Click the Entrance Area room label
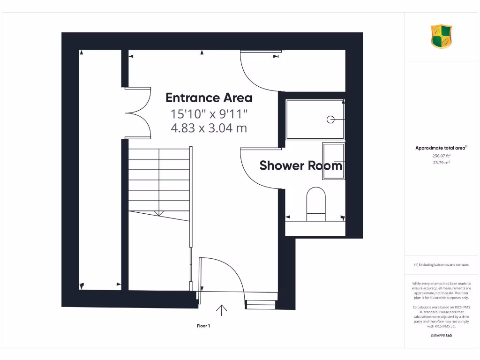tap(209, 97)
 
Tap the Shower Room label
tap(300, 165)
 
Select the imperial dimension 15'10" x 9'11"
tap(209, 113)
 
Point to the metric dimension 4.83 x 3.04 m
tap(209, 127)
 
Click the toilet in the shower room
tap(316, 204)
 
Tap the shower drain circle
tap(330, 120)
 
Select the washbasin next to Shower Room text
tap(334, 161)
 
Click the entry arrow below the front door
tap(221, 309)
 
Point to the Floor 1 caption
tap(203, 326)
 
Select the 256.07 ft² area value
tap(441, 155)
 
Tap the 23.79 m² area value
tap(441, 163)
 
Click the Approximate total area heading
tap(441, 148)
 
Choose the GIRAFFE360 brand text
tap(441, 336)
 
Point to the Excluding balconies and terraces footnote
tap(441, 265)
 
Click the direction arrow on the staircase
tap(159, 213)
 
